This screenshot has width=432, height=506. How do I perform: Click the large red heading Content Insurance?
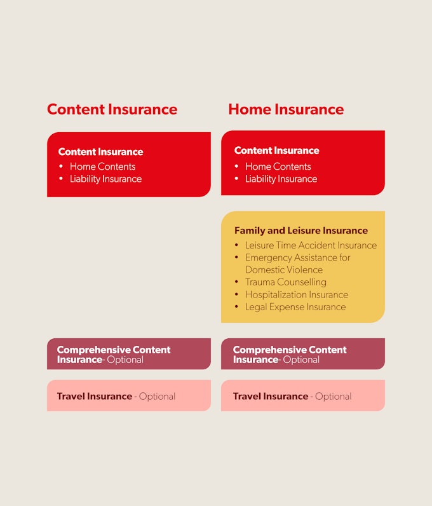coord(112,109)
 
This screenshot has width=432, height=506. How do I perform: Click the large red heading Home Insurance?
coord(286,109)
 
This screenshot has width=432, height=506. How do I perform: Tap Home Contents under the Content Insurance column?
coord(102,167)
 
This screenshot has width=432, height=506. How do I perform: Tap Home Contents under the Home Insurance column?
coord(278,167)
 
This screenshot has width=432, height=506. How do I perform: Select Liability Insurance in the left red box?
coord(106,179)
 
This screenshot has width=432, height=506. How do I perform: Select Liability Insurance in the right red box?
coord(281,179)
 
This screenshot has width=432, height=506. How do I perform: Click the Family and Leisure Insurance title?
coord(301,230)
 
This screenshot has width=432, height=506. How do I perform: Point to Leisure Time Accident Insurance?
coord(311,245)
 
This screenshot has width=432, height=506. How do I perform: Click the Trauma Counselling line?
coord(286,282)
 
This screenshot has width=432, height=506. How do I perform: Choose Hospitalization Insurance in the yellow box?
coord(297,294)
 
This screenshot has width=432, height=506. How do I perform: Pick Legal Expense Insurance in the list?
coord(295,307)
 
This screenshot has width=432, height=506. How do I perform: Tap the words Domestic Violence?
coord(284,270)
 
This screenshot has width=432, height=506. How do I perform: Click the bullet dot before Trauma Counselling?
coord(236,282)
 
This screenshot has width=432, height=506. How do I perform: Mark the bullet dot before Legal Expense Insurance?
coord(236,306)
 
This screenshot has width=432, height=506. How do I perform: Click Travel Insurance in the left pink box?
coord(95,396)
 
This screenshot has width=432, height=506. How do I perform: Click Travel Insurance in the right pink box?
coord(271,396)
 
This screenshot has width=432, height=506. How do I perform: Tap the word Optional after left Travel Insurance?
coord(157,397)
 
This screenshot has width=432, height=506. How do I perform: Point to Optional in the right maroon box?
coord(301,360)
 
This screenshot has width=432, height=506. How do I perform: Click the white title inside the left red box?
coord(100,152)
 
